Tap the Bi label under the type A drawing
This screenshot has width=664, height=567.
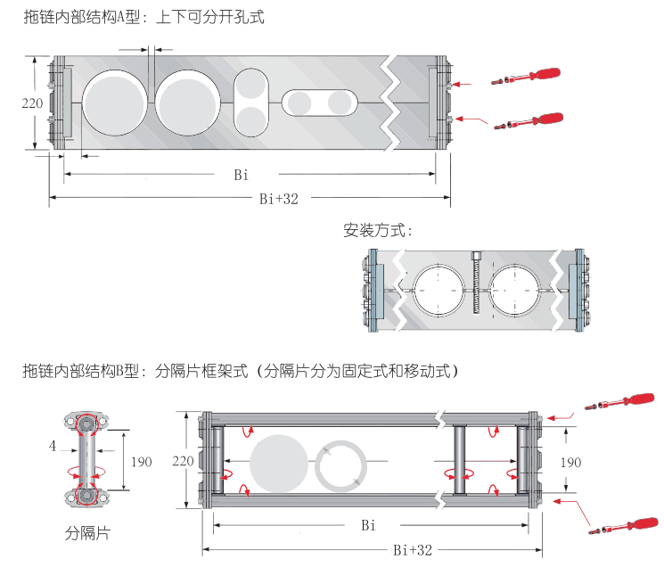pyautogui.click(x=242, y=175)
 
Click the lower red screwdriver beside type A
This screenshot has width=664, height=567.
pyautogui.click(x=530, y=119)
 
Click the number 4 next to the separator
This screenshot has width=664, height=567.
pyautogui.click(x=53, y=445)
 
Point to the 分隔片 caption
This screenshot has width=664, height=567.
pyautogui.click(x=87, y=533)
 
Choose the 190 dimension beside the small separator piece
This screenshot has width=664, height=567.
pyautogui.click(x=141, y=461)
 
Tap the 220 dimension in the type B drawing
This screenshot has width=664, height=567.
pyautogui.click(x=183, y=461)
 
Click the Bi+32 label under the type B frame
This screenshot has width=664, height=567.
pyautogui.click(x=413, y=550)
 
